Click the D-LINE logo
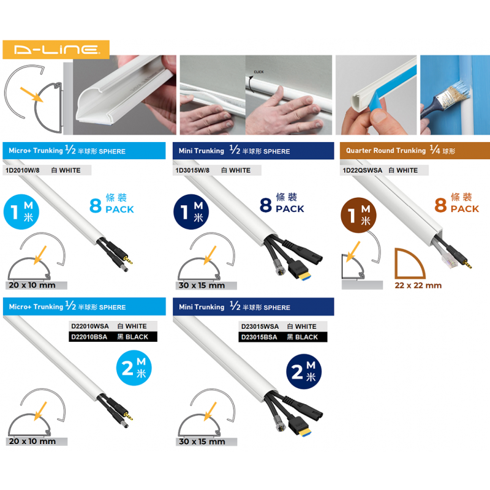[56, 50]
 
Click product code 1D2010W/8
[23, 170]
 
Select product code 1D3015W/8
[192, 170]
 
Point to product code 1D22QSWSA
[362, 170]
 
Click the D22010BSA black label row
[113, 337]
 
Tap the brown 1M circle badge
[358, 215]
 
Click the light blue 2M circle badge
[134, 368]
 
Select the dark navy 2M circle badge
[304, 372]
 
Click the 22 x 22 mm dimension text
[418, 285]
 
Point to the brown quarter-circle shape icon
[409, 263]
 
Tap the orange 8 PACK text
[456, 203]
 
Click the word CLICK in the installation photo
[258, 72]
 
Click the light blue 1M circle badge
[21, 211]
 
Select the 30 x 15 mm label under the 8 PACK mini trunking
[202, 285]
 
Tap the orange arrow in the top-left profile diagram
[31, 94]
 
